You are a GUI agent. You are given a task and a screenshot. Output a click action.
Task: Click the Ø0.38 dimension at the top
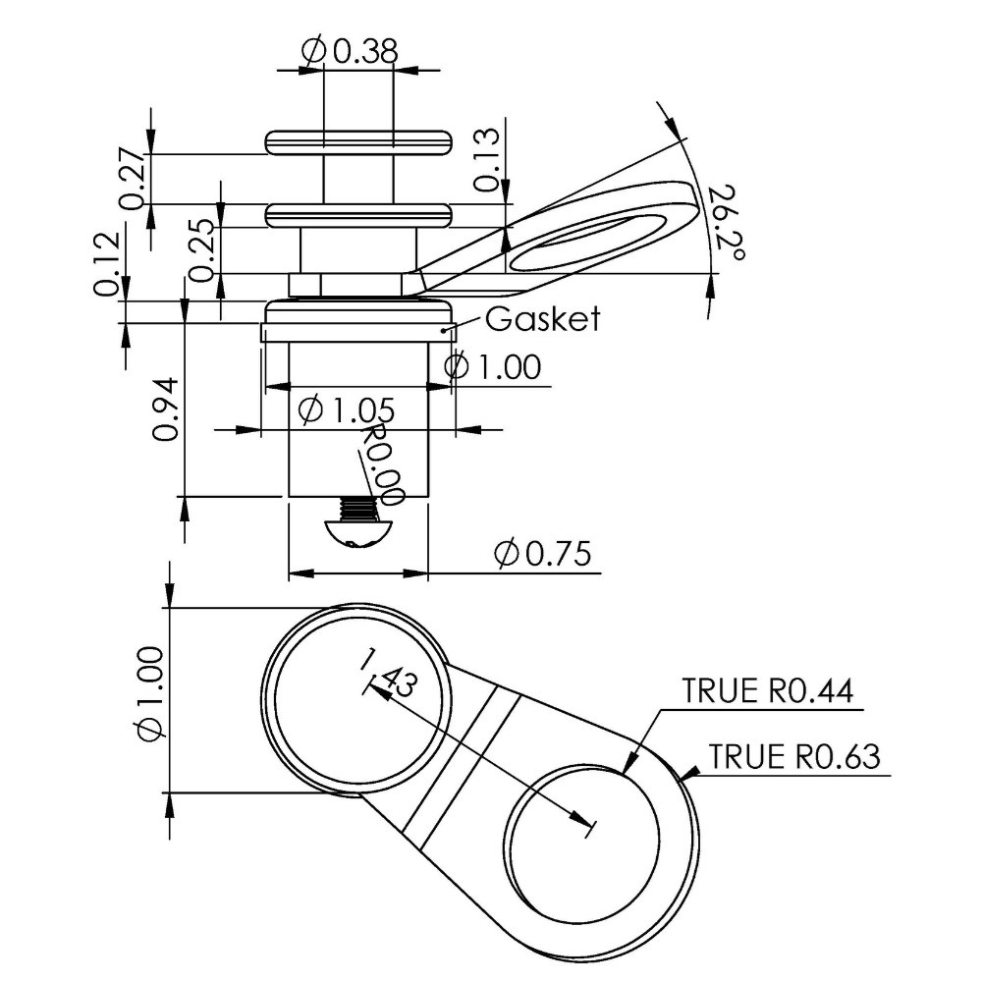349,51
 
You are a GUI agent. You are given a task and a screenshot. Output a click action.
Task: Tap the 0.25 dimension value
203,249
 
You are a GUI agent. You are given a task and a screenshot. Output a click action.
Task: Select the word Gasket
541,318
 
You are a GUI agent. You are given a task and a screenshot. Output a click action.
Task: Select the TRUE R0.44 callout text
770,691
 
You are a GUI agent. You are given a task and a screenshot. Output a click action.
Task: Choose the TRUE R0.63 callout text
794,756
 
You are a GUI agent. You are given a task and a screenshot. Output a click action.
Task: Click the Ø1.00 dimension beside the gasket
492,367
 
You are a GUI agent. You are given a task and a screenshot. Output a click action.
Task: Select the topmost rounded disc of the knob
357,141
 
